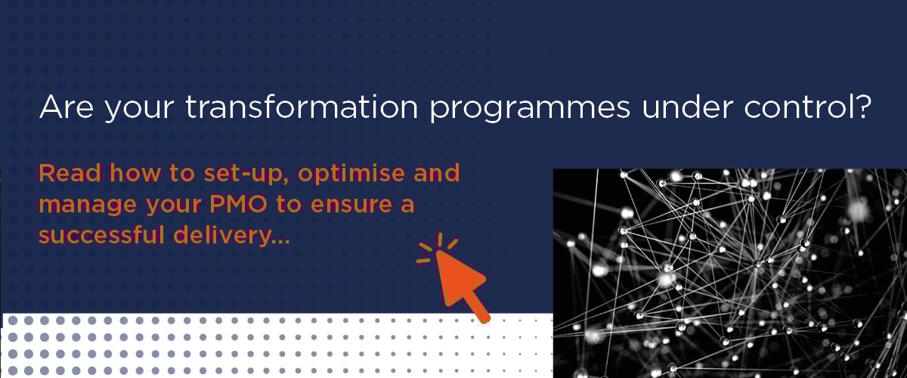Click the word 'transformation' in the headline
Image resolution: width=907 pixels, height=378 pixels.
pyautogui.click(x=302, y=107)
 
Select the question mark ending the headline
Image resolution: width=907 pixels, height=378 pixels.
pyautogui.click(x=860, y=106)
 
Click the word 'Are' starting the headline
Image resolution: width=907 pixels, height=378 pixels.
pyautogui.click(x=66, y=107)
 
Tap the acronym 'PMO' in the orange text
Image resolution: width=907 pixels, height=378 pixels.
pyautogui.click(x=239, y=204)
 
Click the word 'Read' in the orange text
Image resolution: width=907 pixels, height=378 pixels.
pyautogui.click(x=70, y=173)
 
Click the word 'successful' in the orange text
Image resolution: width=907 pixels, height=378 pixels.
pyautogui.click(x=101, y=235)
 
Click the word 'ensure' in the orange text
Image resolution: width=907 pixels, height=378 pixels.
pyautogui.click(x=351, y=206)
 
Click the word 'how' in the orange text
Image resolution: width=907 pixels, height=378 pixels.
pyautogui.click(x=135, y=173)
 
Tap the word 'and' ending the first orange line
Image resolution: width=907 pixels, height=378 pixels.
pyautogui.click(x=437, y=173)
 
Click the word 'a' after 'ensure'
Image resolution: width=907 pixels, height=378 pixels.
pyautogui.click(x=407, y=206)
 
